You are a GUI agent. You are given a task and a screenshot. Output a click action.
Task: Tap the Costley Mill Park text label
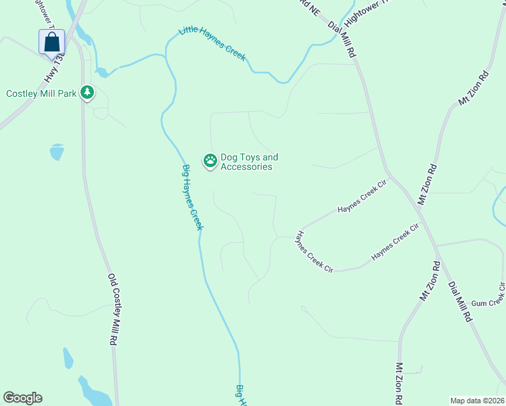coord(41,93)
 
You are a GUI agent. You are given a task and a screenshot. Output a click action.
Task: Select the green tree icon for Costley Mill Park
coord(87,93)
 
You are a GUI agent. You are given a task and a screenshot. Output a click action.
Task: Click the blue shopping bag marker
coord(51,43)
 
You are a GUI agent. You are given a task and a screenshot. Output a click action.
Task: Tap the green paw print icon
coord(210,160)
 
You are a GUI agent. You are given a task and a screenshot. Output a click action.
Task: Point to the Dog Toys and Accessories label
coord(249,162)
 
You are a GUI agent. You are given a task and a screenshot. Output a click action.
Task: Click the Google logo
coord(22,398)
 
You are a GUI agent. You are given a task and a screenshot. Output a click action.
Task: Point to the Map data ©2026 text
coord(477,401)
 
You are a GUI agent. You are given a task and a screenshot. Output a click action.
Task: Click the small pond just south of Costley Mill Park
coord(57,152)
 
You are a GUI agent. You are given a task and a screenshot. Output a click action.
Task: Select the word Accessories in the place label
coord(246,167)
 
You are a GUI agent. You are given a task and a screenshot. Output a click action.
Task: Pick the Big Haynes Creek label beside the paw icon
coord(192,197)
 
